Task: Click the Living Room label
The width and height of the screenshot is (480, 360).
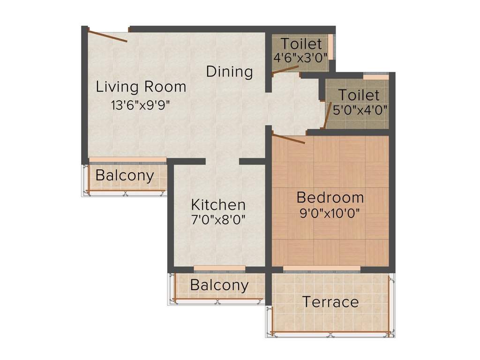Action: pyautogui.click(x=141, y=87)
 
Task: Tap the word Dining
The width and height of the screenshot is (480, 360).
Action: pyautogui.click(x=230, y=72)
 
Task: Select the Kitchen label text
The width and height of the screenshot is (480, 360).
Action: pyautogui.click(x=218, y=205)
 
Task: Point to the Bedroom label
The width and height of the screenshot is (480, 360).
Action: pyautogui.click(x=330, y=197)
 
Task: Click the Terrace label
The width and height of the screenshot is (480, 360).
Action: pyautogui.click(x=330, y=302)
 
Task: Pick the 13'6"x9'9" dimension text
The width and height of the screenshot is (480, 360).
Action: pyautogui.click(x=140, y=105)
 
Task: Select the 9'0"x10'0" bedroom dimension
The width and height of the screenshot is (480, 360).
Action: pyautogui.click(x=330, y=213)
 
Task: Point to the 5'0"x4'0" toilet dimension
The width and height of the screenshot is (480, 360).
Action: pyautogui.click(x=360, y=111)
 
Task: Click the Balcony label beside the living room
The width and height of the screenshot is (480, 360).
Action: pyautogui.click(x=125, y=176)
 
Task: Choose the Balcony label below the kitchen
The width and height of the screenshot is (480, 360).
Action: pyautogui.click(x=219, y=285)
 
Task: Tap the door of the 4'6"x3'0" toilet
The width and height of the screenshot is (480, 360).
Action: pyautogui.click(x=285, y=70)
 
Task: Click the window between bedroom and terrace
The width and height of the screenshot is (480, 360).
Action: pyautogui.click(x=322, y=269)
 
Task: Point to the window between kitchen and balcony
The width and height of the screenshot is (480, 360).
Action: pyautogui.click(x=219, y=268)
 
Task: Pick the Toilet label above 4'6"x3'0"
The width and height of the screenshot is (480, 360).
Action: pyautogui.click(x=301, y=44)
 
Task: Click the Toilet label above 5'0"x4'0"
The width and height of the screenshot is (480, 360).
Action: pyautogui.click(x=359, y=95)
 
